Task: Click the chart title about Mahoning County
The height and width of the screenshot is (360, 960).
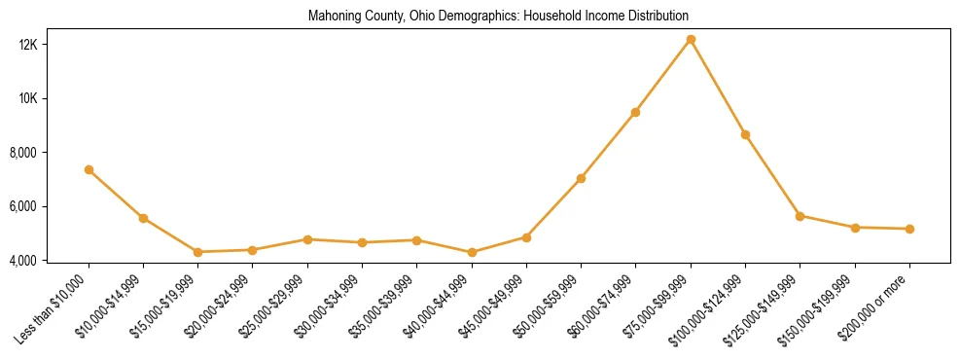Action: pyautogui.click(x=498, y=17)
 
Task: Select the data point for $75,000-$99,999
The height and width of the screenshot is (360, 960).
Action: pyautogui.click(x=691, y=40)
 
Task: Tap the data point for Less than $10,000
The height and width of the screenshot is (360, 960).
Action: pyautogui.click(x=89, y=169)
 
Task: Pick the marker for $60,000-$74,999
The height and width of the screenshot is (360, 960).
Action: pyautogui.click(x=635, y=113)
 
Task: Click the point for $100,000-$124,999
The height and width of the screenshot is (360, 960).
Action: pyautogui.click(x=745, y=135)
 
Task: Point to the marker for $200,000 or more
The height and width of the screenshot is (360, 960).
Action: pyautogui.click(x=909, y=230)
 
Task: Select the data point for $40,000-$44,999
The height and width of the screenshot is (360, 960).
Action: pyautogui.click(x=472, y=253)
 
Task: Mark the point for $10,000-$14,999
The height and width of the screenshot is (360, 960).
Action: pyautogui.click(x=143, y=218)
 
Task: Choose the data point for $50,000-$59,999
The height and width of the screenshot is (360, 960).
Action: pyautogui.click(x=581, y=179)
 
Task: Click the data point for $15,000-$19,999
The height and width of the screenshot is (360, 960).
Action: pyautogui.click(x=197, y=252)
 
